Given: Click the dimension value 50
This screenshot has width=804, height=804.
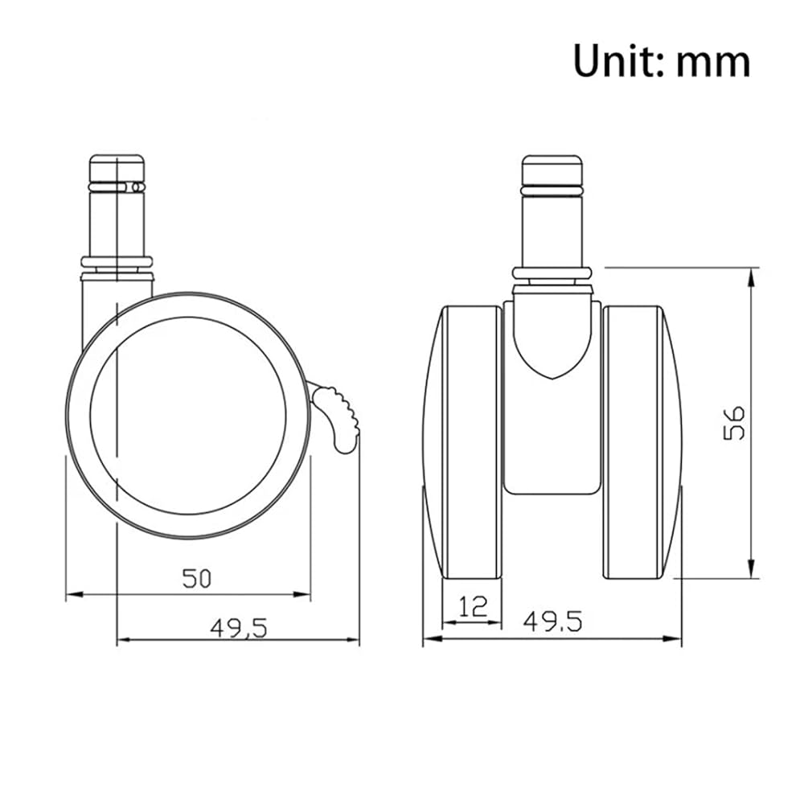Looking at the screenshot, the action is [197, 578].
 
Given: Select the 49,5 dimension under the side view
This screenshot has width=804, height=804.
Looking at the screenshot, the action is [239, 628].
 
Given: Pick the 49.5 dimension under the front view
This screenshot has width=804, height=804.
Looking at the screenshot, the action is [553, 621].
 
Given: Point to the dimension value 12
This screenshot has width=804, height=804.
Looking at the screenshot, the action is [473, 606].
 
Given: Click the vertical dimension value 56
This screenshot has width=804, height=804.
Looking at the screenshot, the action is [734, 423].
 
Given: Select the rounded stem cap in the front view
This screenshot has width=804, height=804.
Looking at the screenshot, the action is [552, 170].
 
